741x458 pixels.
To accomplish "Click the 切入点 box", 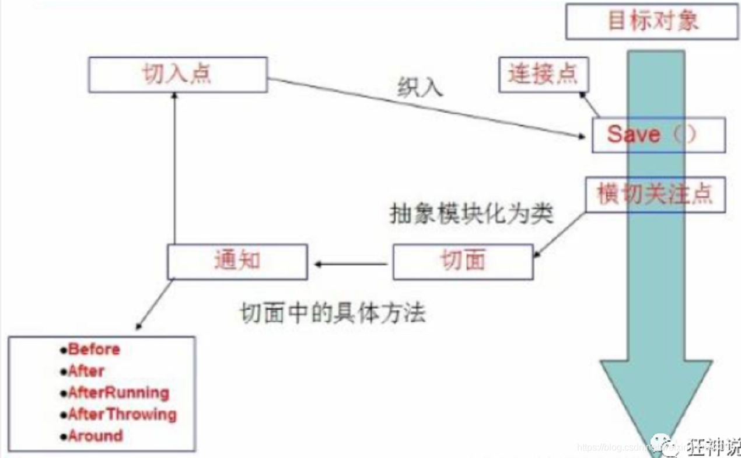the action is click(x=177, y=74).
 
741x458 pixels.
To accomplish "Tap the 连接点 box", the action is click(x=543, y=74).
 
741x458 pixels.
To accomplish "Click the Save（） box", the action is click(x=658, y=135).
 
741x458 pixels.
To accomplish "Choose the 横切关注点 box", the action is click(x=655, y=195).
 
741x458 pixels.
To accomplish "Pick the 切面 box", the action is click(x=463, y=261).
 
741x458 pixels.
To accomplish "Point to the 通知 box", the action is click(x=237, y=261).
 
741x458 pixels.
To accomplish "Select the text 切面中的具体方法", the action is click(x=333, y=313).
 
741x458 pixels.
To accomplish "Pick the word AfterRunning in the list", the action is click(x=118, y=393).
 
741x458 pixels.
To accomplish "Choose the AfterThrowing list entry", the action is click(x=122, y=414).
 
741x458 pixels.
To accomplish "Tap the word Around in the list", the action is click(x=95, y=436).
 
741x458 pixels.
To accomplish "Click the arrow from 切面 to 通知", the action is click(x=350, y=264).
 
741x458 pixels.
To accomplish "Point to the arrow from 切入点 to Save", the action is click(x=426, y=109).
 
